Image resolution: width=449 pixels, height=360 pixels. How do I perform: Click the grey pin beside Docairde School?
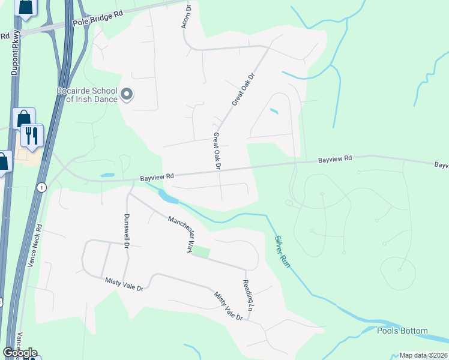(x=127, y=94)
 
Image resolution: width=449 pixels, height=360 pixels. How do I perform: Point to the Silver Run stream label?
(x=282, y=251)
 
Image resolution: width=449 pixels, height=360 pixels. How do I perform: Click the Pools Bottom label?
(x=402, y=331)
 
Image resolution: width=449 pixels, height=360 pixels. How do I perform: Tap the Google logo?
(x=20, y=352)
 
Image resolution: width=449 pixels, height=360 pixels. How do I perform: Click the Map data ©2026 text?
(x=424, y=355)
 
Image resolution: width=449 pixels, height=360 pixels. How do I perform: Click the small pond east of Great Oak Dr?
(x=274, y=111)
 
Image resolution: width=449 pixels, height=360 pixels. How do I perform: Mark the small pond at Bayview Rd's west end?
(x=108, y=175)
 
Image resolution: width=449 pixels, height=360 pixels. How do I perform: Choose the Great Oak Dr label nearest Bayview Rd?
(x=217, y=151)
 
